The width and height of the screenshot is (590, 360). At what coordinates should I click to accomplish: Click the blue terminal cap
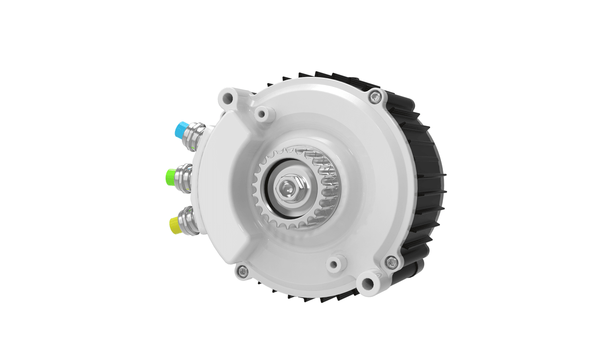(180, 129)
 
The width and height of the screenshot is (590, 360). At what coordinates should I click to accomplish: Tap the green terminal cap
(171, 176)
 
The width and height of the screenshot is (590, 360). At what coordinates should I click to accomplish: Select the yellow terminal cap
(175, 225)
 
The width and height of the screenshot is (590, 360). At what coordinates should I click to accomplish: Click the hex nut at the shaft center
(286, 188)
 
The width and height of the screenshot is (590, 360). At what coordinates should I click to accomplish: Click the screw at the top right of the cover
(376, 96)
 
